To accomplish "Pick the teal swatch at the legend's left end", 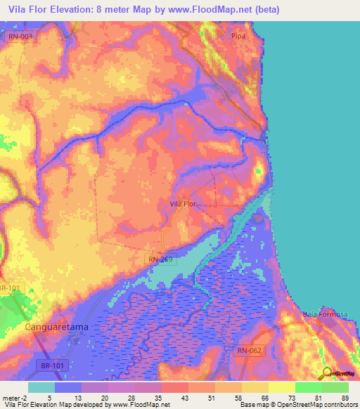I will pyautogui.click(x=41, y=387).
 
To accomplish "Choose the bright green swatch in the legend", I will pyautogui.click(x=309, y=387).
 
